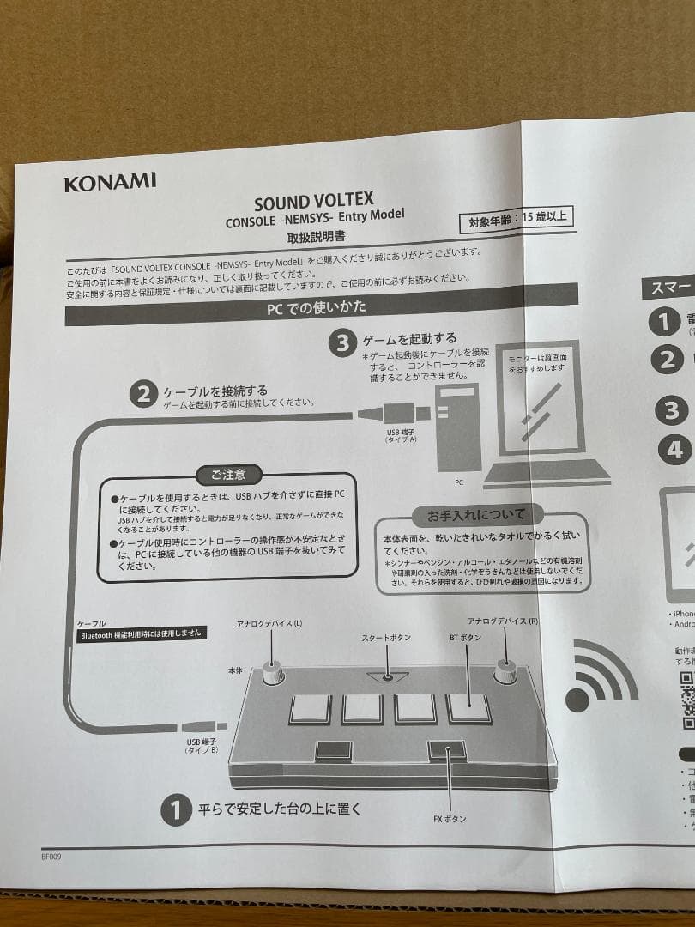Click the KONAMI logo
[x=109, y=182]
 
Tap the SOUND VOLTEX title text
[x=313, y=203]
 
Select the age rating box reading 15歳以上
[x=516, y=220]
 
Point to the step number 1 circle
[x=176, y=809]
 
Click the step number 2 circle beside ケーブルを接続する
[x=142, y=394]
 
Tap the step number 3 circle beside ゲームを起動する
[x=342, y=342]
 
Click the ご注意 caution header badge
[x=227, y=475]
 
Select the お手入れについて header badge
[x=475, y=516]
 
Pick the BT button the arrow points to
[x=468, y=709]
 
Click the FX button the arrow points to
[x=447, y=751]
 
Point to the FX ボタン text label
[x=450, y=819]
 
